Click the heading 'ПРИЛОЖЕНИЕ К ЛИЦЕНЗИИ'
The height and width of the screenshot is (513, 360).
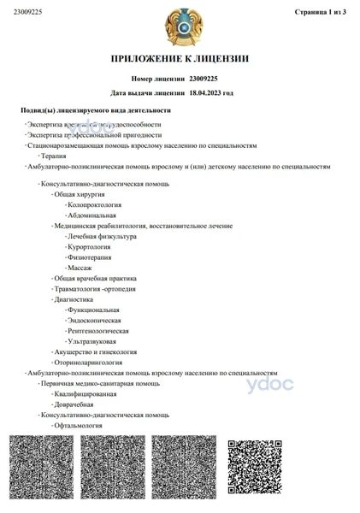[180, 59]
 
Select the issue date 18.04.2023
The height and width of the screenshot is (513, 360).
[210, 91]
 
